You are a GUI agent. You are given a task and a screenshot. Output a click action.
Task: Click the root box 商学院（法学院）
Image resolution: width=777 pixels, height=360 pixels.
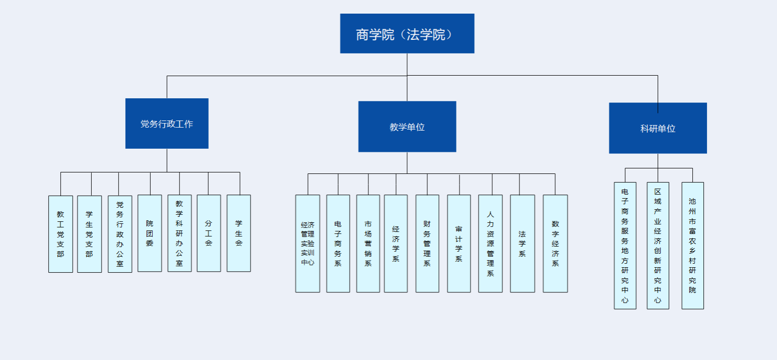click(x=407, y=33)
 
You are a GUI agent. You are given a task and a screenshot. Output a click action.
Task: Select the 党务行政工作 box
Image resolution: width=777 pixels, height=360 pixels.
click(x=167, y=124)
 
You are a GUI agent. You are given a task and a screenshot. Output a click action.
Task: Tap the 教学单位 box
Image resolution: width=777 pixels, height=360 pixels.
click(x=407, y=127)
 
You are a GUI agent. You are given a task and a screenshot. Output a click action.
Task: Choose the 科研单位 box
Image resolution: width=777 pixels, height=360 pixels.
click(x=658, y=128)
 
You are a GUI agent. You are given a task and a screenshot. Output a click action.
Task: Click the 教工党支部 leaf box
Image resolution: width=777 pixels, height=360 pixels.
click(x=60, y=234)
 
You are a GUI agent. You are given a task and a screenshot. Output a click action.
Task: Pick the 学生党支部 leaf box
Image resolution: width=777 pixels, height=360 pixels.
click(x=89, y=234)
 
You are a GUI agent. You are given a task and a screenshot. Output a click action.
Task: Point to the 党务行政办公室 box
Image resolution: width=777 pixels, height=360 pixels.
click(x=120, y=234)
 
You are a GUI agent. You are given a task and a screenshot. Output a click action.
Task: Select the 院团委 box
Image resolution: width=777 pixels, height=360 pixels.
click(x=150, y=233)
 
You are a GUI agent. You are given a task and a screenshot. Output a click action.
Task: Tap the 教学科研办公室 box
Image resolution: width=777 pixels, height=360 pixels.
click(x=179, y=233)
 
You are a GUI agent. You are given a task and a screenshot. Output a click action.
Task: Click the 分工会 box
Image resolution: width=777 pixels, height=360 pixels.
click(x=209, y=233)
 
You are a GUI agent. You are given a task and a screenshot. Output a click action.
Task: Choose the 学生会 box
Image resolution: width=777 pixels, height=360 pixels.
click(x=239, y=233)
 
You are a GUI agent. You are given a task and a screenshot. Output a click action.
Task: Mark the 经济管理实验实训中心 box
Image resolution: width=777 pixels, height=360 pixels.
click(x=307, y=244)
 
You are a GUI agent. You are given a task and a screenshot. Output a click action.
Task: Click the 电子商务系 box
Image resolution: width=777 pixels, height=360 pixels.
click(x=338, y=244)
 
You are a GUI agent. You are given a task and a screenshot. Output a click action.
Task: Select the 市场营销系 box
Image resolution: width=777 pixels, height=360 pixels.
click(x=368, y=244)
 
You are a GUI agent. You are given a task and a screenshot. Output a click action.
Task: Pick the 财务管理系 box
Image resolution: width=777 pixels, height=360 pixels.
click(x=427, y=244)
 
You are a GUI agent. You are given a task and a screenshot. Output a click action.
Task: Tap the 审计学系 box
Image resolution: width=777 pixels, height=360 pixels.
click(x=459, y=244)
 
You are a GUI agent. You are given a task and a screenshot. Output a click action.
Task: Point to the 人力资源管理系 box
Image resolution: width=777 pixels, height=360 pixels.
click(x=490, y=244)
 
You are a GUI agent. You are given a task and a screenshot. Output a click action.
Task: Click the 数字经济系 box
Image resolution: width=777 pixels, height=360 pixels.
click(x=555, y=244)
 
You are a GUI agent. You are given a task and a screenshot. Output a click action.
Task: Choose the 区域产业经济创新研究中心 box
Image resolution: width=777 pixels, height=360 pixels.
click(x=658, y=246)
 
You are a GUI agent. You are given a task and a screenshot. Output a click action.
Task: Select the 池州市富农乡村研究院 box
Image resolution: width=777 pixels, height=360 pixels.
click(x=692, y=246)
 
